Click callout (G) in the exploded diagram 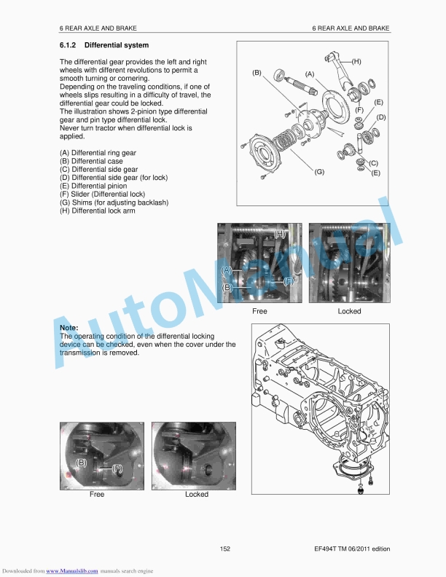coord(319,172)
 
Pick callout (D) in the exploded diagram coord(380,117)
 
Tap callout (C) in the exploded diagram coord(373,163)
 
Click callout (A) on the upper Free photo coord(227,270)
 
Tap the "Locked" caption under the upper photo coord(349,311)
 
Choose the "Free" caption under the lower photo coord(97,494)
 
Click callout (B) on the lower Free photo coord(82,463)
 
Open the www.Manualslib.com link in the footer coord(71,570)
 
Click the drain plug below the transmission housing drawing coord(361,492)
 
